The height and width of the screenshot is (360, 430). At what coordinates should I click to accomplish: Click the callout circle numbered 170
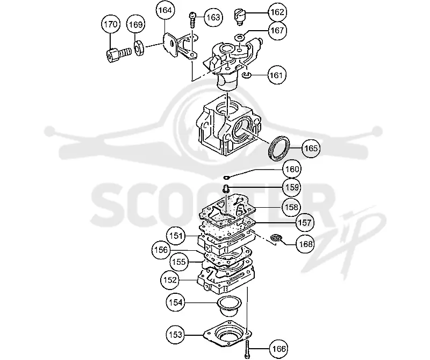coord(111,24)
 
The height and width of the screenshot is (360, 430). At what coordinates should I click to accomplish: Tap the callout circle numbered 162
coord(277,12)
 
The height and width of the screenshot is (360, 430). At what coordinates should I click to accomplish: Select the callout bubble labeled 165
coord(311,149)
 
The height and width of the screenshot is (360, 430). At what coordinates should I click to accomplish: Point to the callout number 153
coord(176,335)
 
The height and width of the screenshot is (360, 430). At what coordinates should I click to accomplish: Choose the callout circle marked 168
coord(305,244)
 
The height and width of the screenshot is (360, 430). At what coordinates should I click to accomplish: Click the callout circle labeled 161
coord(276,75)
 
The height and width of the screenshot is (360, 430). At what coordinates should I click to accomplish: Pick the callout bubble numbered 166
coord(278,349)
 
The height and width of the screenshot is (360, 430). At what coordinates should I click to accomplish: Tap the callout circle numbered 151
coord(176,236)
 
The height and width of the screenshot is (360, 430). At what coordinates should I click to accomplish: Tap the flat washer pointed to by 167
coord(240,37)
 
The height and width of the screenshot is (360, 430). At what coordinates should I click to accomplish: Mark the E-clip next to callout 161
coord(247,75)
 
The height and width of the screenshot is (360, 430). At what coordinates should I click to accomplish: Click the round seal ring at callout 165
coord(278,147)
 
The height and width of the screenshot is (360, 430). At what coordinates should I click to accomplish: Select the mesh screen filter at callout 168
coord(276,238)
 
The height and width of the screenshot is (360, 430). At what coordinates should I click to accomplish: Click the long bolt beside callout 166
coord(247,348)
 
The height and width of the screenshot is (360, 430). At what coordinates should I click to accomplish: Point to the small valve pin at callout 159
coord(225,189)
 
